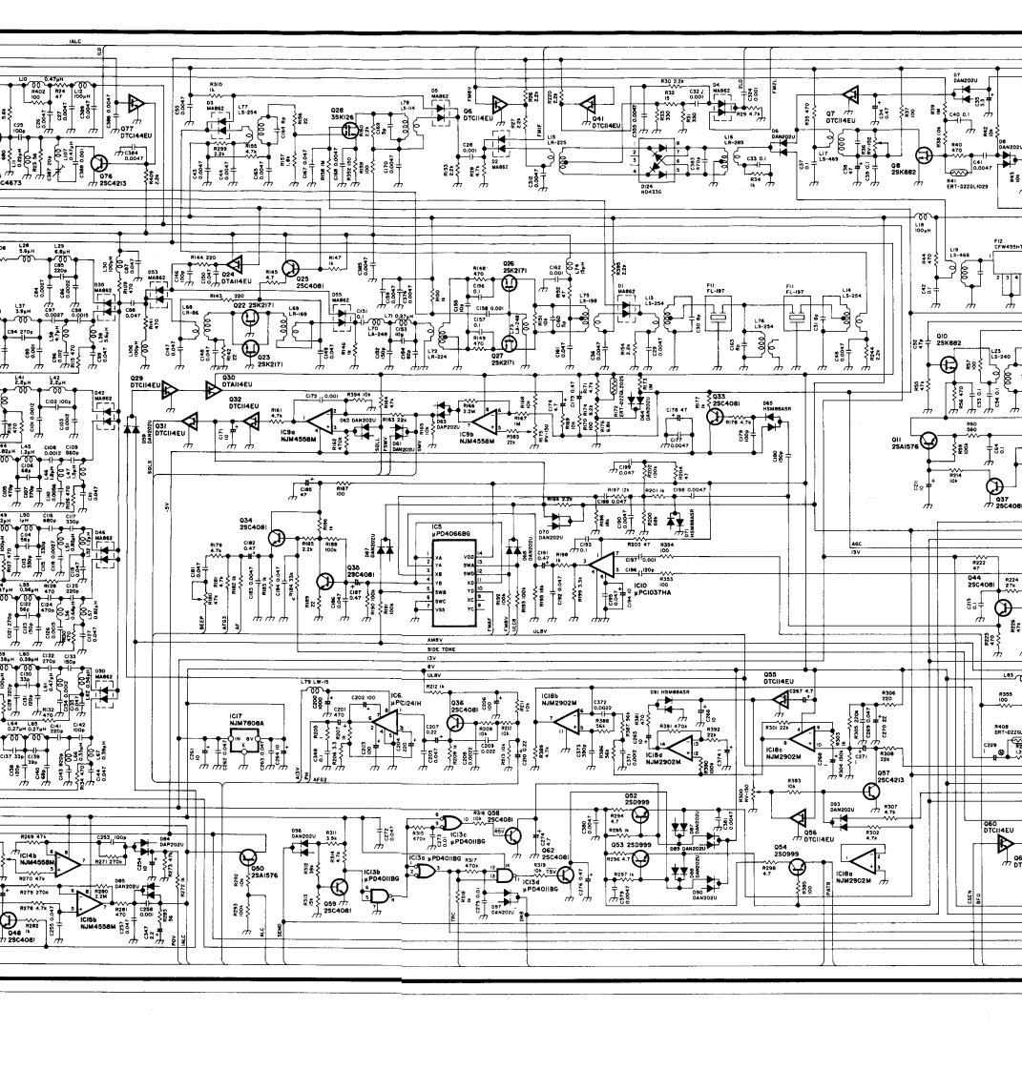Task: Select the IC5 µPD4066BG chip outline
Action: tap(444, 576)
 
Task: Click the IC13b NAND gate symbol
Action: tap(381, 894)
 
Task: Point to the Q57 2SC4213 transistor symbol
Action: tap(870, 791)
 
